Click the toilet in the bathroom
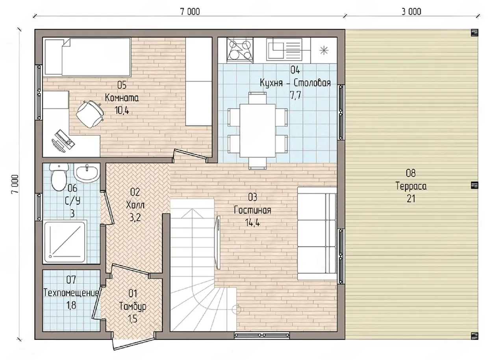(x=59, y=177)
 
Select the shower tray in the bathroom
(x=65, y=242)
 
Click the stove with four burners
(x=240, y=50)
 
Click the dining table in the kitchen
(x=258, y=130)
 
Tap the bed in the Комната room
(x=87, y=58)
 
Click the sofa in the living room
(x=317, y=233)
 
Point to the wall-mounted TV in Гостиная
(x=218, y=242)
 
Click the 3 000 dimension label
(x=411, y=12)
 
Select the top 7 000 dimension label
(x=190, y=12)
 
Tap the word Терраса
(x=411, y=186)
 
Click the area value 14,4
(x=253, y=223)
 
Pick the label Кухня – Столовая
(x=295, y=83)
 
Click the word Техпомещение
(x=71, y=293)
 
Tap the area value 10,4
(x=122, y=110)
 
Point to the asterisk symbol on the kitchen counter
(x=324, y=50)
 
